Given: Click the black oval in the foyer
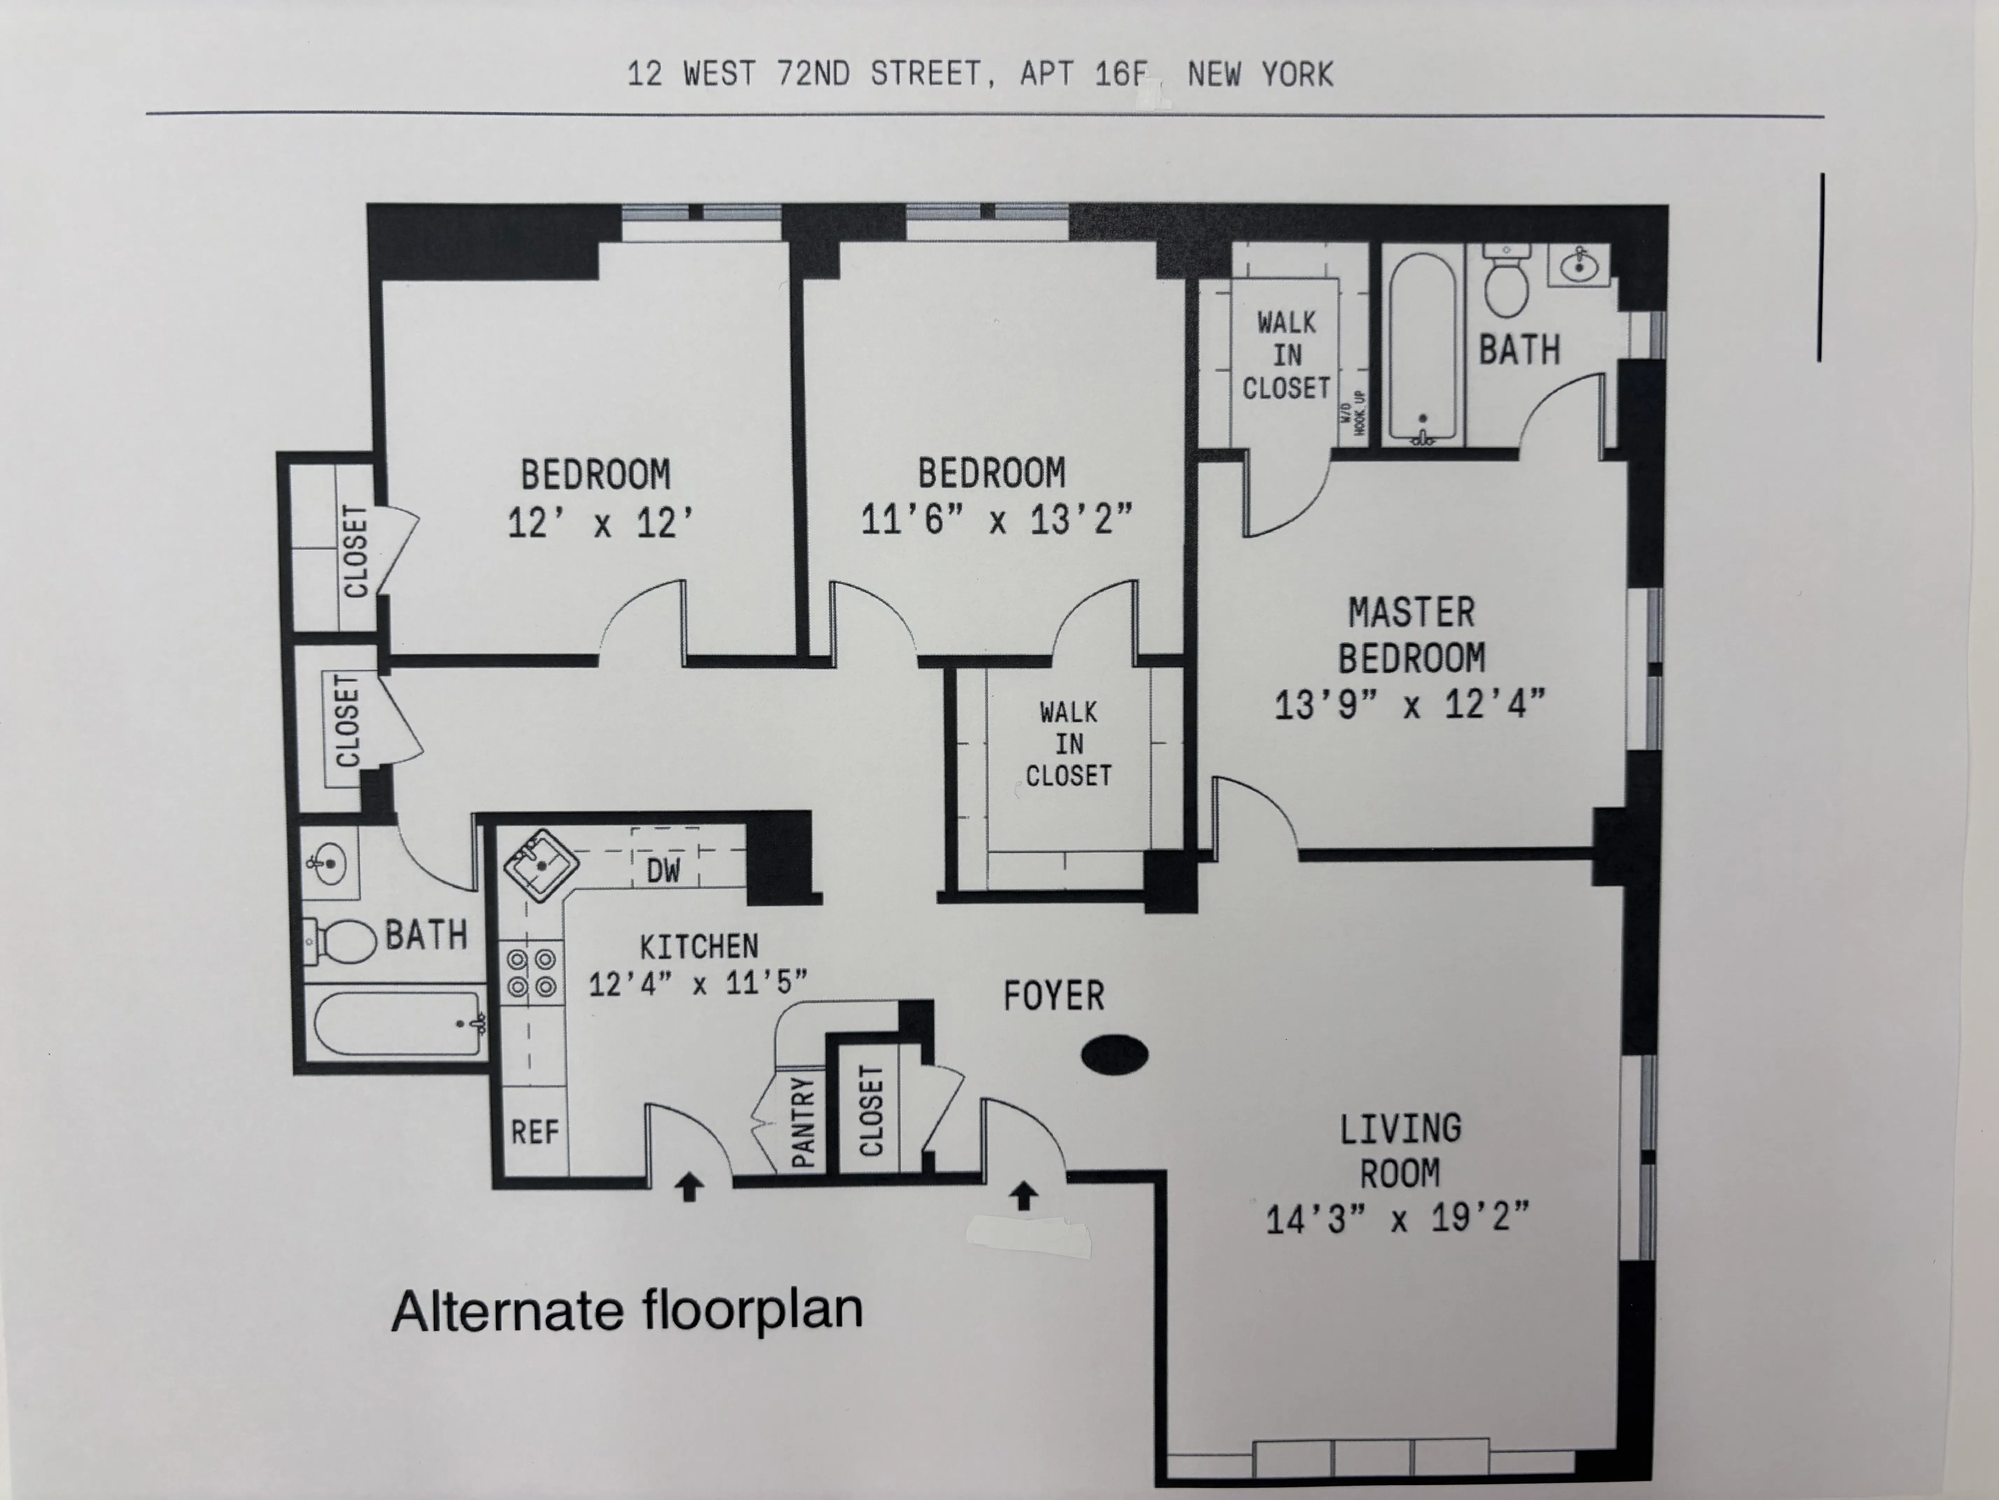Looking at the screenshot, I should (1115, 1054).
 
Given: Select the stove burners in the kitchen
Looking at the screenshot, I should (531, 973).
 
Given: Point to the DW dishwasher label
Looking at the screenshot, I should (663, 871).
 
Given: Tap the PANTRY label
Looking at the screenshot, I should (802, 1121).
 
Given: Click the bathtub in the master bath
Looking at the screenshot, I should (1423, 348).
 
